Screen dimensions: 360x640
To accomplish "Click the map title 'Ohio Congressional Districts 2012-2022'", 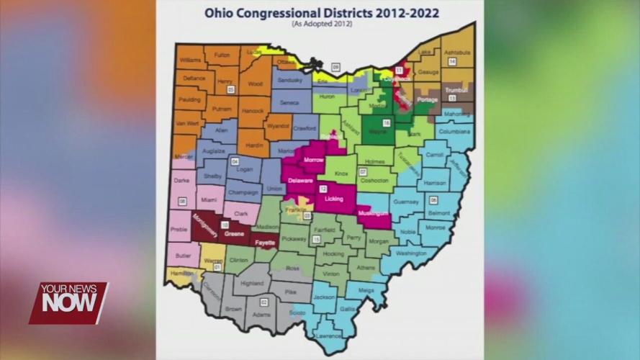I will (321, 12).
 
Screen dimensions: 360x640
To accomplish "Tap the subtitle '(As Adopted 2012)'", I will (321, 24).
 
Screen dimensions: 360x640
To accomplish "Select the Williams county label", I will (191, 60).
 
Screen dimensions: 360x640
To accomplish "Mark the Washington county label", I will (411, 253).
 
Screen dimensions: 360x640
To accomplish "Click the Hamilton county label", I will (181, 274).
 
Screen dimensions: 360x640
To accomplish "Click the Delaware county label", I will (300, 181).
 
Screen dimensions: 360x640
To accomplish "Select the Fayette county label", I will (265, 243).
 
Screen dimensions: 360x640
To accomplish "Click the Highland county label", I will (252, 284).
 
